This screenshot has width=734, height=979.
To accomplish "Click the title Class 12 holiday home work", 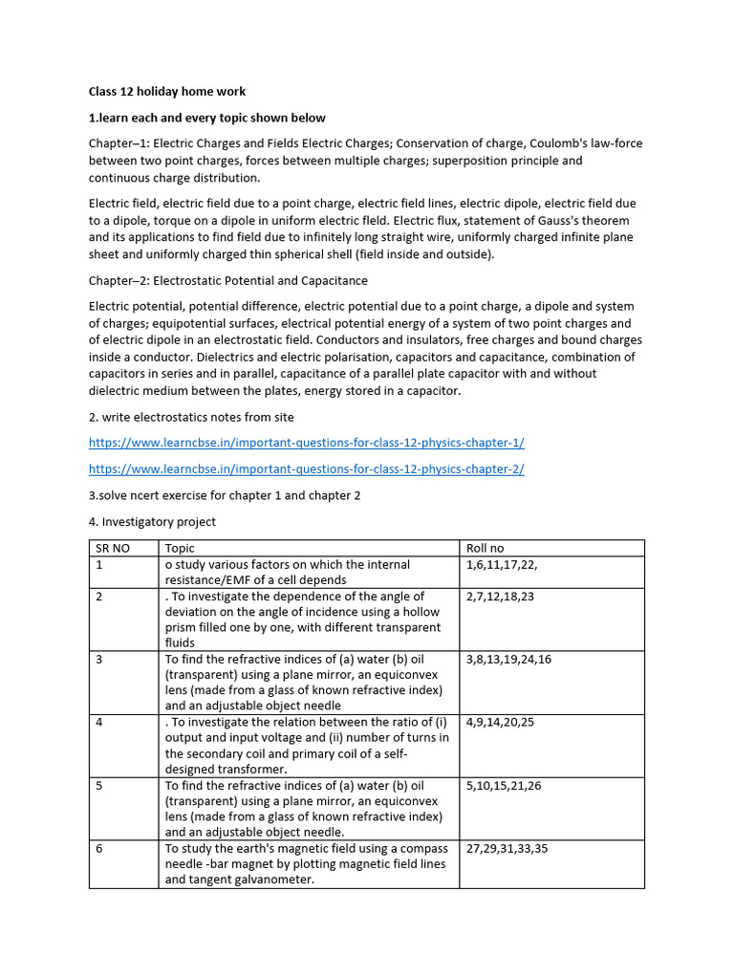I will point(167,92).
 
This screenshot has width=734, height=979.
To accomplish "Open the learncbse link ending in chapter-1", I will point(306,443).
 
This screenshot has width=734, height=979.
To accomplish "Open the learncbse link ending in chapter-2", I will point(306,468).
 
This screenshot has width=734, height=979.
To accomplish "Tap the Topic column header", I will point(180,548).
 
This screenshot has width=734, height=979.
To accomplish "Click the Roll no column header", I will point(485,548).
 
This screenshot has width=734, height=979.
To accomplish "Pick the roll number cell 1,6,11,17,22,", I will point(502,565).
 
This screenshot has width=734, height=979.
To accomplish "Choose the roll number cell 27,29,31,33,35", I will point(507,848).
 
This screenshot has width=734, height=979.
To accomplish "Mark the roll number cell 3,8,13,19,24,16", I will point(508,660).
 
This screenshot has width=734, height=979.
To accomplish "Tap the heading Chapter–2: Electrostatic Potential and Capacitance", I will point(227,281).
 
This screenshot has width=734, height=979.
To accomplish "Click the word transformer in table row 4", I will point(253,769).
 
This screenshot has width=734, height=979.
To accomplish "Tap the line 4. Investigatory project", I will point(152,521).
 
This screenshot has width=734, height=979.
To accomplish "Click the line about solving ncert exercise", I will point(225,495).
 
